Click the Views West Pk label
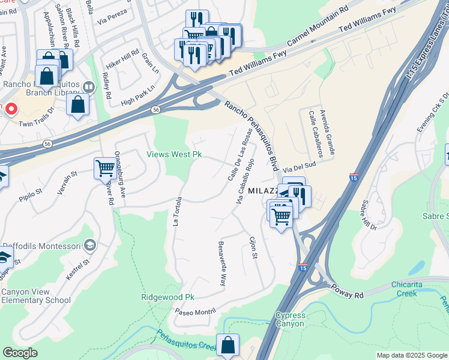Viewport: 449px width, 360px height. [x=174, y=154]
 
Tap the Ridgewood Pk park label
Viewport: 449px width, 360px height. [x=168, y=297]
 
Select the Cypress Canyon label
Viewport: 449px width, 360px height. [x=291, y=320]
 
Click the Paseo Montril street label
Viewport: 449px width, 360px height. [x=194, y=311]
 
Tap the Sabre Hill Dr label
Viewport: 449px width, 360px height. [x=369, y=217]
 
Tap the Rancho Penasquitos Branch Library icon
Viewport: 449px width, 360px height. [x=89, y=87]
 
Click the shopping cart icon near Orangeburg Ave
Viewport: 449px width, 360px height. [x=105, y=168]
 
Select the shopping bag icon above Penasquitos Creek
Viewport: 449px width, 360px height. [x=228, y=345]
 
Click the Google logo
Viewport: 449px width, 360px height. [x=20, y=353]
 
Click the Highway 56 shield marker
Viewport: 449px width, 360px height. [x=156, y=110]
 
